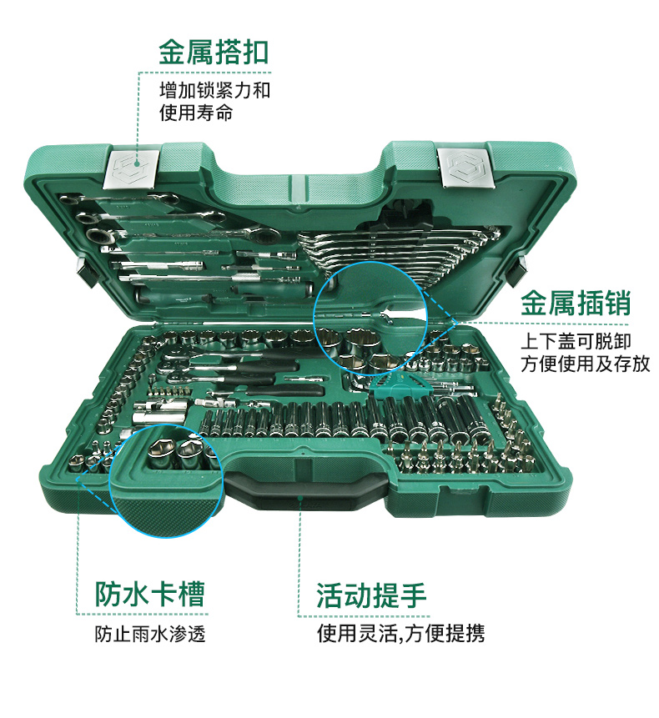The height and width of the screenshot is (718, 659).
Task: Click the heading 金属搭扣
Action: tap(214, 53)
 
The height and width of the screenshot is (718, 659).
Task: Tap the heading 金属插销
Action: tap(576, 303)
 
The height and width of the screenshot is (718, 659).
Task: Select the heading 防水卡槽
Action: tap(150, 594)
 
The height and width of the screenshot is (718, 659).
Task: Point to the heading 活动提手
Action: tap(371, 595)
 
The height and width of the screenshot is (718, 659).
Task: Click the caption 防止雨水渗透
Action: tap(150, 634)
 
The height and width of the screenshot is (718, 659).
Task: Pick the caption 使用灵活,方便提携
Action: tap(400, 633)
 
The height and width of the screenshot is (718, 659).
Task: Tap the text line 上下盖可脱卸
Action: tap(576, 341)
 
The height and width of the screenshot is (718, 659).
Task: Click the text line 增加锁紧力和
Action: tap(214, 90)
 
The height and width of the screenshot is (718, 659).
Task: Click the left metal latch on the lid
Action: tap(132, 168)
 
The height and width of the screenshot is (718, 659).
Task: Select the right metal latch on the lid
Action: tap(466, 167)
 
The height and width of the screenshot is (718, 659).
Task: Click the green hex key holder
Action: tap(397, 385)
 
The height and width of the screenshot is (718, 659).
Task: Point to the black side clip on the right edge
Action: tap(517, 272)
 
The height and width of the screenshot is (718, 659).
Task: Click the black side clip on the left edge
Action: tap(86, 271)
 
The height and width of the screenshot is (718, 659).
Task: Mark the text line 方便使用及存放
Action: tap(586, 364)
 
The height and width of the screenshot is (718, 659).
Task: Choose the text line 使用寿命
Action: tap(196, 113)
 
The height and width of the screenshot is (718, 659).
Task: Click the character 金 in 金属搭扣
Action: tap(172, 53)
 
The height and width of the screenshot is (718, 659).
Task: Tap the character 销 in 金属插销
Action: tap(617, 303)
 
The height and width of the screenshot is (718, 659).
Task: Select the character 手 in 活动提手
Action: tap(413, 595)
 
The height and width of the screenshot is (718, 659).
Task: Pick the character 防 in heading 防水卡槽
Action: tap(108, 594)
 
